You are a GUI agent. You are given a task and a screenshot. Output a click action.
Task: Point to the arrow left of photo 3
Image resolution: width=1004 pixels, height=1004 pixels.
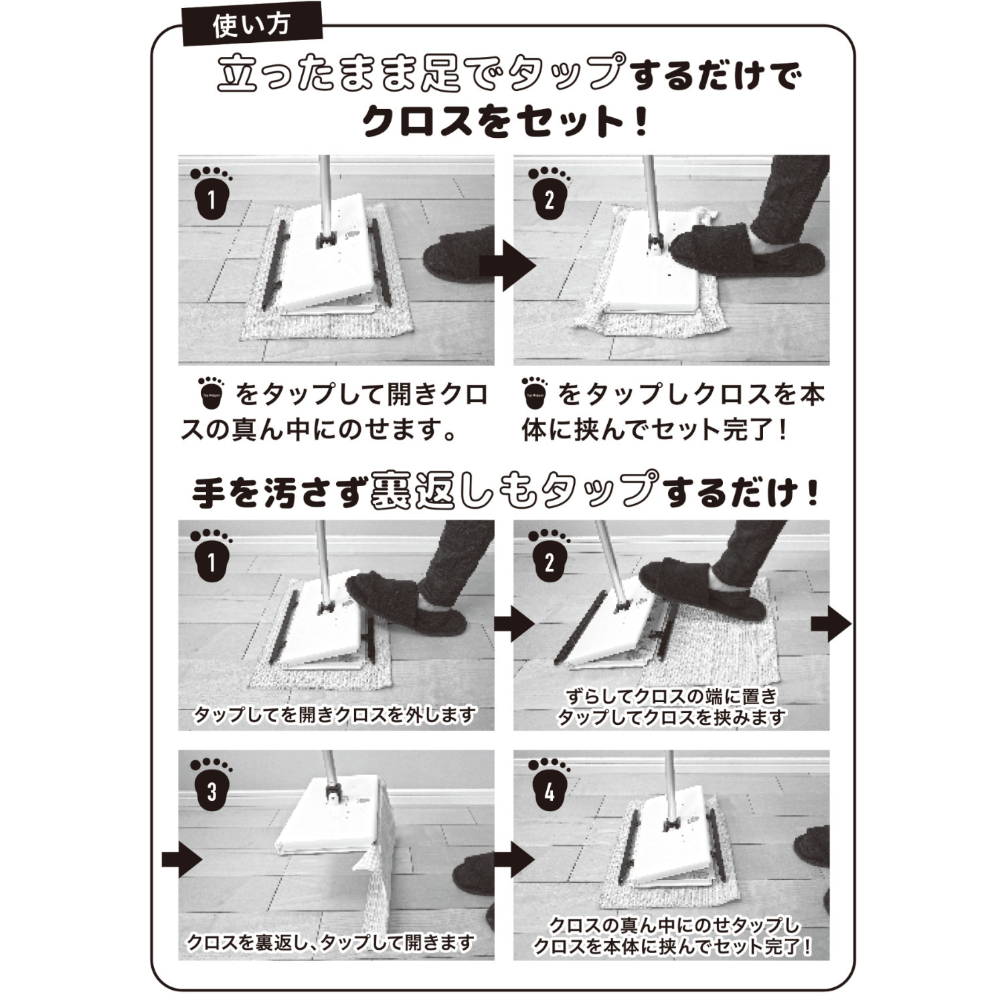(x=181, y=859)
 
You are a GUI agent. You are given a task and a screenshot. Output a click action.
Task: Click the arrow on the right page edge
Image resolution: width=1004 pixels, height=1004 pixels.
(x=831, y=624)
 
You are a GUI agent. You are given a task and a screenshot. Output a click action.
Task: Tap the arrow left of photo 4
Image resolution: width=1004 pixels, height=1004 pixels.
(x=515, y=859)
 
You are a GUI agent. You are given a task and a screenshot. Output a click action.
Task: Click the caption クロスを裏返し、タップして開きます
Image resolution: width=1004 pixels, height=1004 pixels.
(x=331, y=942)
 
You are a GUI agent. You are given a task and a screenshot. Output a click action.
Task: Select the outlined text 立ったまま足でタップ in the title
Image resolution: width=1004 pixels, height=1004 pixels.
(x=421, y=73)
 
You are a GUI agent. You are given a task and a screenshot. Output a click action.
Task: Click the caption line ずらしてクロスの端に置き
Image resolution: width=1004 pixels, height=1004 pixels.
(x=671, y=696)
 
